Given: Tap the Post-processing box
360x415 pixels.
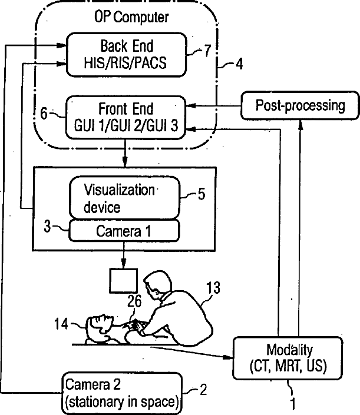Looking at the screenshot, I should [x=300, y=106].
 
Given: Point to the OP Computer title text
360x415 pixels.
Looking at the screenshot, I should [x=131, y=18].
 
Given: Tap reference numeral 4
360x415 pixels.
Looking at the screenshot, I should [x=238, y=62].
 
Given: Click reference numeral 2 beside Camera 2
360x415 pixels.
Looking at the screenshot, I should [x=204, y=389].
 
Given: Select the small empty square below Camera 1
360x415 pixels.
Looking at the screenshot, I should [x=123, y=281].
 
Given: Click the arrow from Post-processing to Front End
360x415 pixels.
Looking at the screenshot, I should [x=218, y=106].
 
